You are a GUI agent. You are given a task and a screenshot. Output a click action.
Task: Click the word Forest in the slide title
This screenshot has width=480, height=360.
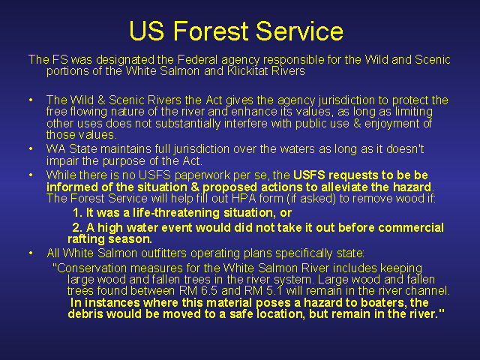point(211,31)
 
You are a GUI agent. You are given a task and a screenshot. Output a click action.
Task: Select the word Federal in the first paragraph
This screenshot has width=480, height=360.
point(197,59)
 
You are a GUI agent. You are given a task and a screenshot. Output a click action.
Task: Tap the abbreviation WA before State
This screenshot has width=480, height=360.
point(56,149)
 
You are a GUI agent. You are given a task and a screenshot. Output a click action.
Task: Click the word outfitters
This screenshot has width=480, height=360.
point(163,253)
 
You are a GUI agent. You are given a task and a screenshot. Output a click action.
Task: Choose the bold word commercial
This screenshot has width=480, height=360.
point(411,227)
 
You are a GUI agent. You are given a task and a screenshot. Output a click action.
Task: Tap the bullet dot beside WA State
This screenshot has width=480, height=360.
point(31,148)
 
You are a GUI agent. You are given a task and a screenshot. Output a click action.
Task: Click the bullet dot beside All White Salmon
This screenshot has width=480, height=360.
point(31,253)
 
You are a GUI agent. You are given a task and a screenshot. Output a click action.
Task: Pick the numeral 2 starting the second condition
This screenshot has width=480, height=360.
point(76,227)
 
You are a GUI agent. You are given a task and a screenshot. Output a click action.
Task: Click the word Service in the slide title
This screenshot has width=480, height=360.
point(299,31)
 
